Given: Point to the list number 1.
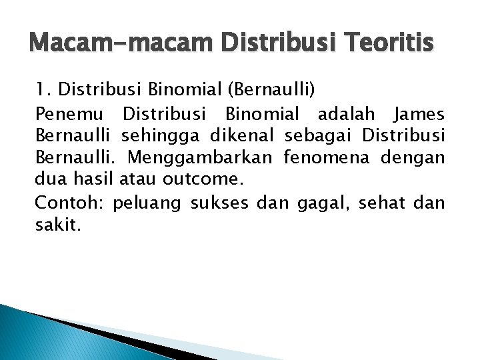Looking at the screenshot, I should (41, 88).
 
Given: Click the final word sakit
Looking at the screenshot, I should (57, 225).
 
